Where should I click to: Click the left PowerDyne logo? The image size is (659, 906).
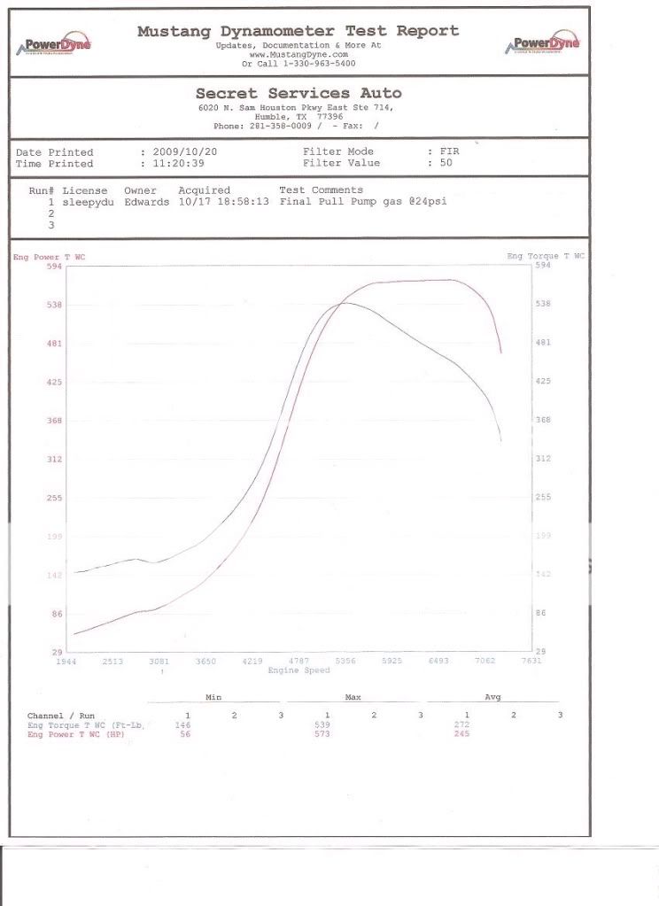pos(54,43)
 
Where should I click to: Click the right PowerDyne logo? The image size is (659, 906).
pos(542,43)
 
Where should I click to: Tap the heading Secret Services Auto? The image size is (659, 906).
pos(298,93)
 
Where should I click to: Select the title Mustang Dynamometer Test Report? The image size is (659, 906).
pos(298,31)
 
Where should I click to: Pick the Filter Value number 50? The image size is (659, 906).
pos(447,164)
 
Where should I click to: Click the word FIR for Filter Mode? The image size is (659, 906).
pos(450,152)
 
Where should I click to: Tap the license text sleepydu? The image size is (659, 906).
pos(85,202)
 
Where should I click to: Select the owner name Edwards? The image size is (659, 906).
pos(145,202)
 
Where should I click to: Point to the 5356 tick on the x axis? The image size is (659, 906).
pos(345,662)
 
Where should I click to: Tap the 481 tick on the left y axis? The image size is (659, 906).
pos(53,344)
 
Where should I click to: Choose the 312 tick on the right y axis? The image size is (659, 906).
pos(543,459)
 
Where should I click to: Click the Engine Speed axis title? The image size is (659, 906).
pos(298,670)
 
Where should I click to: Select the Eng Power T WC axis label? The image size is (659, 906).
pos(49,257)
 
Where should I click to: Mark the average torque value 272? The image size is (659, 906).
pos(461,724)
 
